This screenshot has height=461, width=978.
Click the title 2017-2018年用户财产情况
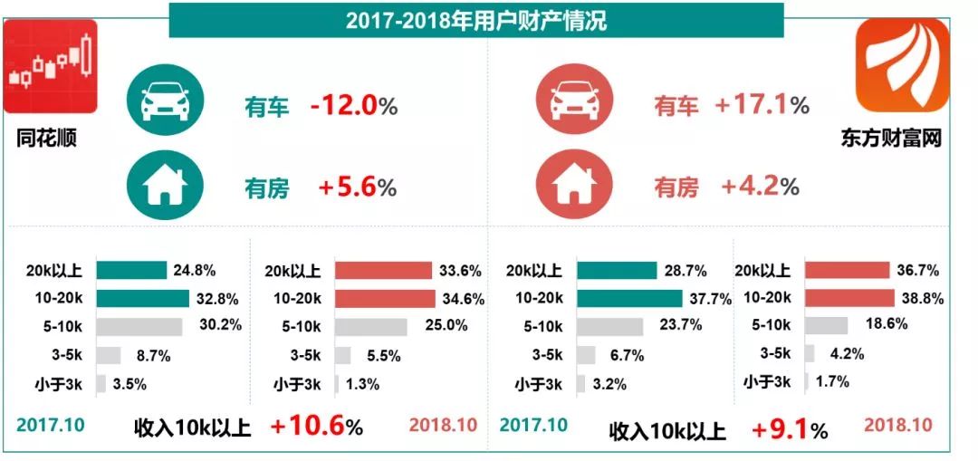475,20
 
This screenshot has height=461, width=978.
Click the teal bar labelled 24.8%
131,270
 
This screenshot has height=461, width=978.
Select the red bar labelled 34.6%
384,298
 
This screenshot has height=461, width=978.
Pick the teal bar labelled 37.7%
629,298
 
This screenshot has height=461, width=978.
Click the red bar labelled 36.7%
847,270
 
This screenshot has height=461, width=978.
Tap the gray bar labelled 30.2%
139,326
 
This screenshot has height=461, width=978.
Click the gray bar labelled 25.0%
370,326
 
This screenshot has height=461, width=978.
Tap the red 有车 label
676,107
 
